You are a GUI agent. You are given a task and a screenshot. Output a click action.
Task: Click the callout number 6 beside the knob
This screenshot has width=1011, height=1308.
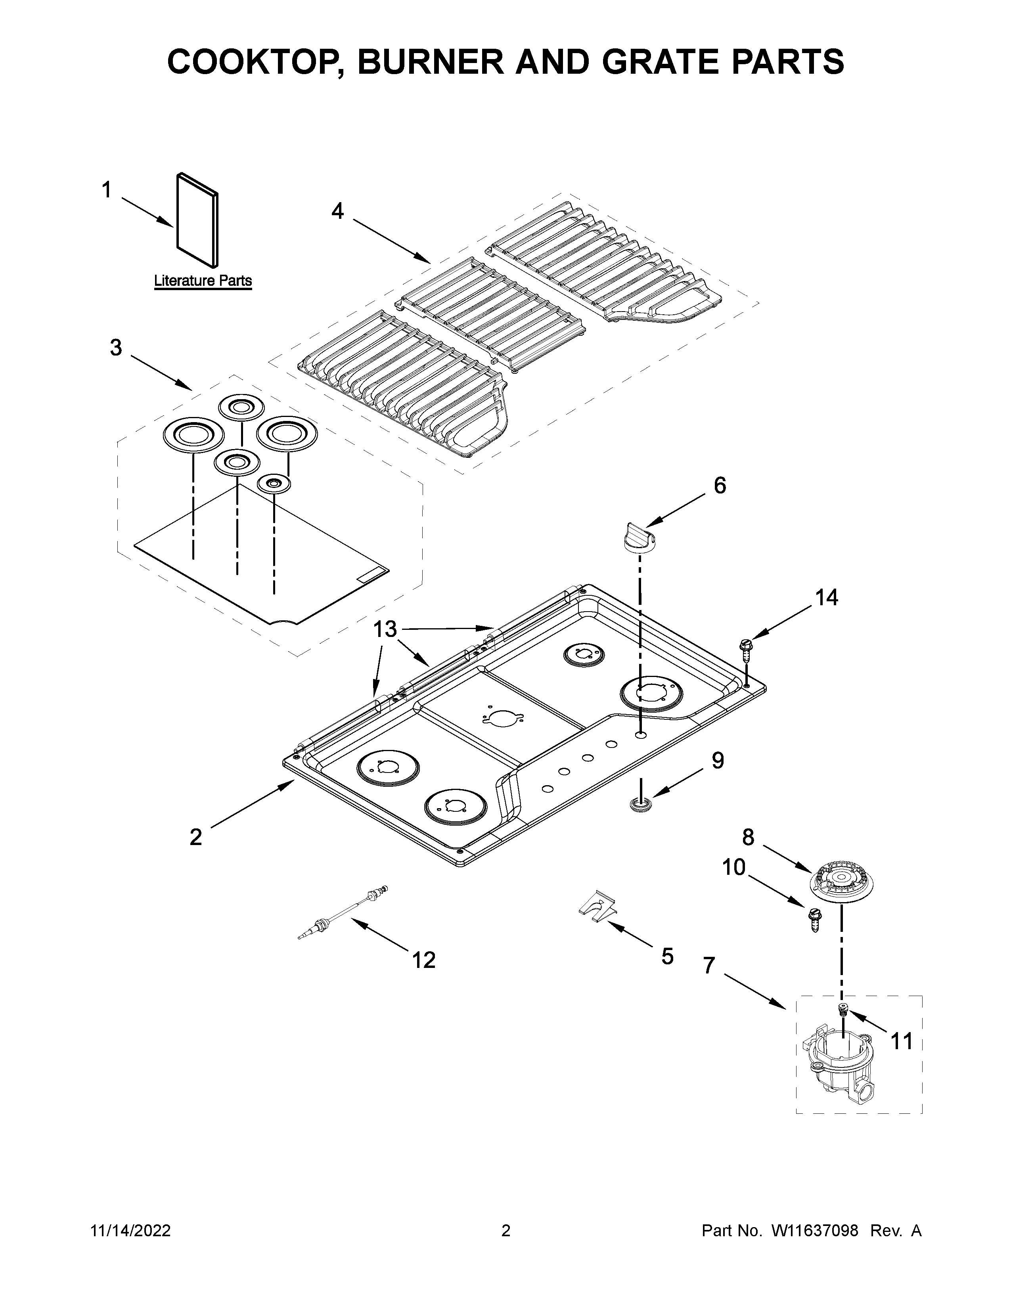719,485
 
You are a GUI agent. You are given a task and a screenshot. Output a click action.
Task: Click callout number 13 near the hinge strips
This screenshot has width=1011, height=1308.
385,629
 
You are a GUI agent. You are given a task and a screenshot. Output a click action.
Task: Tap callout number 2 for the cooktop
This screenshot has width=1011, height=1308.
196,837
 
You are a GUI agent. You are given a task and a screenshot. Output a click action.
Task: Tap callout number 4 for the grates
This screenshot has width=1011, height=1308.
338,211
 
